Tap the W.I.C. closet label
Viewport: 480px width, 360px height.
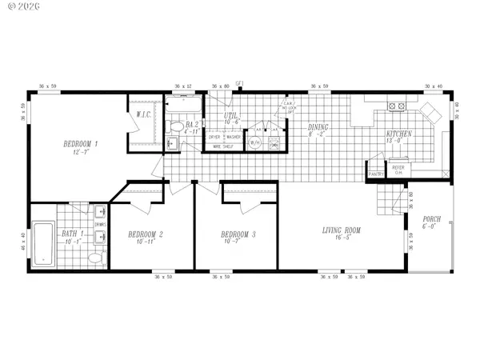[x=144, y=114]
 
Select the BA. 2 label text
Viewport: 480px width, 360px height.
[x=192, y=125]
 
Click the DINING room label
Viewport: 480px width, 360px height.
[x=318, y=127]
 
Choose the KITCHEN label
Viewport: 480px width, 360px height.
[x=398, y=134]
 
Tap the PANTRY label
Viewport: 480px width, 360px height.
[x=376, y=173]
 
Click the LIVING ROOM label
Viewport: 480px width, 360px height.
[x=342, y=230]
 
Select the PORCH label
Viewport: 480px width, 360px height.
[x=432, y=219]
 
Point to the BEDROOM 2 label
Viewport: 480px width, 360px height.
[x=146, y=234]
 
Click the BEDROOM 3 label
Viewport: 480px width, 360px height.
[x=238, y=234]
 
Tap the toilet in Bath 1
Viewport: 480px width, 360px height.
[x=96, y=258]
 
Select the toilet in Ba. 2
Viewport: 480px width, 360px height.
[x=178, y=126]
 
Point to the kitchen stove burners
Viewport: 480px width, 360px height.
[x=394, y=106]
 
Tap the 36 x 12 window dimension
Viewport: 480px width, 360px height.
[x=183, y=86]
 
